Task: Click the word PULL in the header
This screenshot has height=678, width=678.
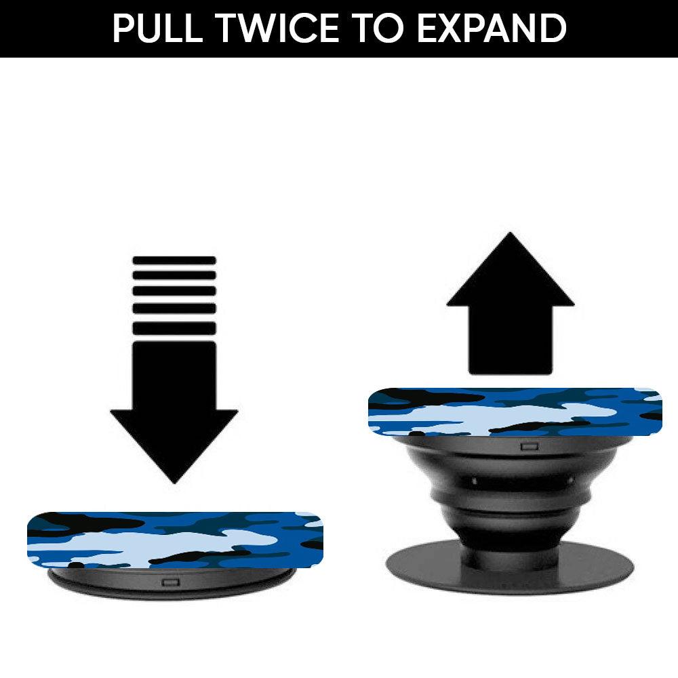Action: [x=158, y=28]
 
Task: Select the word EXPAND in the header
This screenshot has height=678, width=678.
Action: [x=492, y=28]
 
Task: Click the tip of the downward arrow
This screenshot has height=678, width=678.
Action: [x=174, y=483]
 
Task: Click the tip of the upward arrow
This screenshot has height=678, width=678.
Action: [x=511, y=233]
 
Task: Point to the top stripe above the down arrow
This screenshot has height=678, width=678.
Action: [x=174, y=260]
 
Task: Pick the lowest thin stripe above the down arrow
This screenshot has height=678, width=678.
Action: [x=174, y=329]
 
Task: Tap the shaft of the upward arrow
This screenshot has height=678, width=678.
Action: [x=511, y=340]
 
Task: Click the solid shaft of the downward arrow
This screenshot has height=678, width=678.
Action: [x=174, y=376]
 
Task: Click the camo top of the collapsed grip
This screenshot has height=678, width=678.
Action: [x=175, y=540]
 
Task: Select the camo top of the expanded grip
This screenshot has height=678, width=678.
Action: [x=515, y=412]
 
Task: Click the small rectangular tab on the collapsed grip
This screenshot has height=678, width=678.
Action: [x=170, y=582]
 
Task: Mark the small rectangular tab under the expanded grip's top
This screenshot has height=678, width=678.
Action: [x=530, y=446]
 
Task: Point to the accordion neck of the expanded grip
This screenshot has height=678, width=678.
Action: [x=511, y=497]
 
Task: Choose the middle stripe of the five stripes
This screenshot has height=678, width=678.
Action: [x=174, y=291]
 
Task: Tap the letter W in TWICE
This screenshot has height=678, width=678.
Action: [x=261, y=28]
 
